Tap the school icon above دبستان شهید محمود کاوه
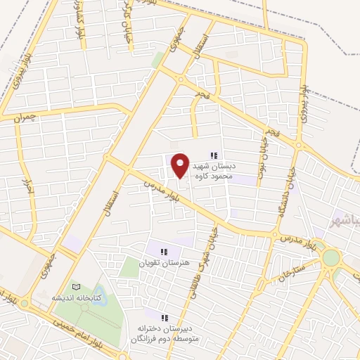214,156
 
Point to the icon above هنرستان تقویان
164,251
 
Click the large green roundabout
329,257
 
